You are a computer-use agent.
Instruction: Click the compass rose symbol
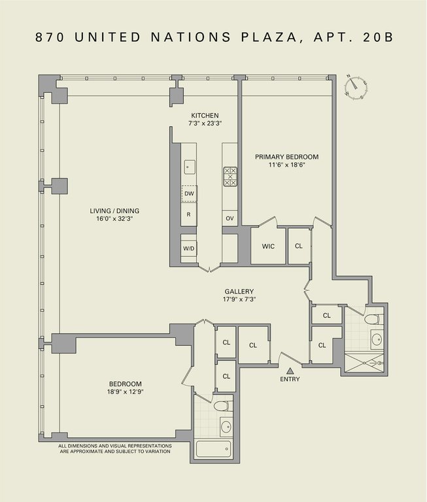click(x=356, y=87)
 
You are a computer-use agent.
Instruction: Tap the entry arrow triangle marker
click(x=290, y=371)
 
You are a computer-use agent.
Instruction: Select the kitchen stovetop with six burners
click(x=230, y=176)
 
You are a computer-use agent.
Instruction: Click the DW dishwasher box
click(x=190, y=193)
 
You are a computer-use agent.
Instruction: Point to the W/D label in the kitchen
click(x=189, y=248)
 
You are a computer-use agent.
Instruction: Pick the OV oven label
click(x=230, y=218)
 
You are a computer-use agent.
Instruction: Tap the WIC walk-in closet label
click(x=268, y=246)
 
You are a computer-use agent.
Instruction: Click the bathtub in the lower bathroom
click(x=213, y=449)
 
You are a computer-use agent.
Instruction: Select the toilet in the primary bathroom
click(x=372, y=319)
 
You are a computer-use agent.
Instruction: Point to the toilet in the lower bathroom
click(x=222, y=406)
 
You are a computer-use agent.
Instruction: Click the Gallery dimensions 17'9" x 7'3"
click(x=239, y=299)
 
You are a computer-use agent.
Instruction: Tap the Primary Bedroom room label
click(x=286, y=157)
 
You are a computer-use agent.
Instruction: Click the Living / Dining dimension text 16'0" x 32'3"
click(x=114, y=219)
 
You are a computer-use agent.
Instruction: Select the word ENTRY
click(x=290, y=379)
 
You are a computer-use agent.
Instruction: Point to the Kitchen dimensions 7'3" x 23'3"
click(x=205, y=124)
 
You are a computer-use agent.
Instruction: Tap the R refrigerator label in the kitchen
click(x=188, y=214)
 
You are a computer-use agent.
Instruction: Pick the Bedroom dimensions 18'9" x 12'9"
click(x=126, y=392)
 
